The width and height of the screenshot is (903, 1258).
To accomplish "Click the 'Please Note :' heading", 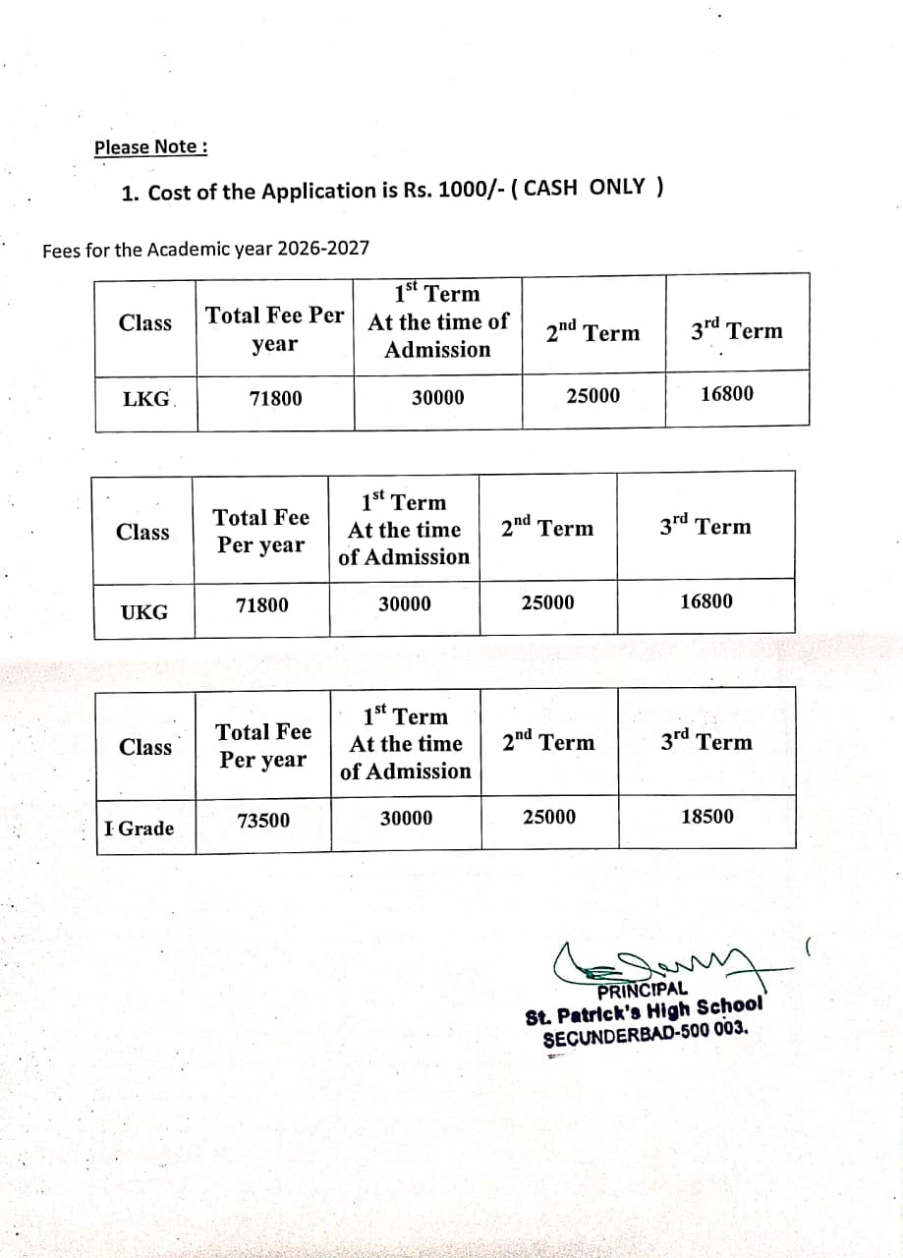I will tap(150, 147).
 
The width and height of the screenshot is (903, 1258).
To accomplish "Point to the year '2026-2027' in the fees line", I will tap(323, 248).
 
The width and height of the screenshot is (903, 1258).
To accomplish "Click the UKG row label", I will tap(143, 612).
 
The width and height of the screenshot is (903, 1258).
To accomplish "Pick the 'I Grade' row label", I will tap(140, 829).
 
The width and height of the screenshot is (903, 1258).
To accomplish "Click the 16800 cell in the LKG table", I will tap(727, 394).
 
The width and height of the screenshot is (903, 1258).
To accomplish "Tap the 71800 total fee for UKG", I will tap(262, 605).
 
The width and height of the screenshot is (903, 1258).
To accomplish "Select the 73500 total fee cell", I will tap(263, 821).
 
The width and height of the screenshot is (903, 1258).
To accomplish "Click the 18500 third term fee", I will tap(706, 817).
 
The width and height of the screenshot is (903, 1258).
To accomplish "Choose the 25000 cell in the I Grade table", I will tap(549, 818).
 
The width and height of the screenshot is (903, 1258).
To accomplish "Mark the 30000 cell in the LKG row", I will tap(437, 397).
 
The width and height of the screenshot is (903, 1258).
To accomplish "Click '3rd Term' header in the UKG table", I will tap(705, 526).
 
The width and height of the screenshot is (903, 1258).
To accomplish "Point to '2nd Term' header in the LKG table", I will tap(593, 332).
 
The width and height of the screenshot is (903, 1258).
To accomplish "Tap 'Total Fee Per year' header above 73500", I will tap(263, 746).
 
